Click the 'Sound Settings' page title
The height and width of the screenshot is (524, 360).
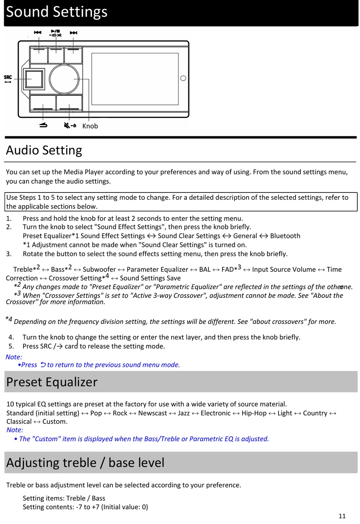(x=57, y=12)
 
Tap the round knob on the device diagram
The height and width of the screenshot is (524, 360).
(x=64, y=79)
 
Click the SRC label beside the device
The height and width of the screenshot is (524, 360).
(x=8, y=77)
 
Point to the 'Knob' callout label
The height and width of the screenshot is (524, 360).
(x=90, y=126)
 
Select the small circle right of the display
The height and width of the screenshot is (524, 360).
(x=183, y=78)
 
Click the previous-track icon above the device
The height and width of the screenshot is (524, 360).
(x=38, y=33)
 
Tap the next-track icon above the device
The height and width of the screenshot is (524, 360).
(x=74, y=33)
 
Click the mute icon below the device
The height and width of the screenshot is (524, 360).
(x=70, y=125)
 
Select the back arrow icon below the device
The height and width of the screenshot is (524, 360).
(x=44, y=125)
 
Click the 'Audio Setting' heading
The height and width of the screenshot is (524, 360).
(x=44, y=150)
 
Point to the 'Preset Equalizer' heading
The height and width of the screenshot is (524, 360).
(x=52, y=382)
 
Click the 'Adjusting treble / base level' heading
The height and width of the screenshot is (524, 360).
(x=85, y=463)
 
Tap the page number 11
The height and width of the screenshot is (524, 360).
(x=342, y=516)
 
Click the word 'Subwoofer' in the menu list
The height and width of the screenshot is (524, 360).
(x=99, y=269)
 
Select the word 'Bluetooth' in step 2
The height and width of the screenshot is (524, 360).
(x=285, y=236)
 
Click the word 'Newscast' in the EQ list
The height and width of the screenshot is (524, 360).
(x=153, y=413)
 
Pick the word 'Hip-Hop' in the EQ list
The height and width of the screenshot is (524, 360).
(x=254, y=413)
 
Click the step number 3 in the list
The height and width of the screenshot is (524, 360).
(x=9, y=254)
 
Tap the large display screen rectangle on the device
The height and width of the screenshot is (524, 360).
(x=135, y=79)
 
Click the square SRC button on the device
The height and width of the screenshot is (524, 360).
(x=34, y=79)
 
